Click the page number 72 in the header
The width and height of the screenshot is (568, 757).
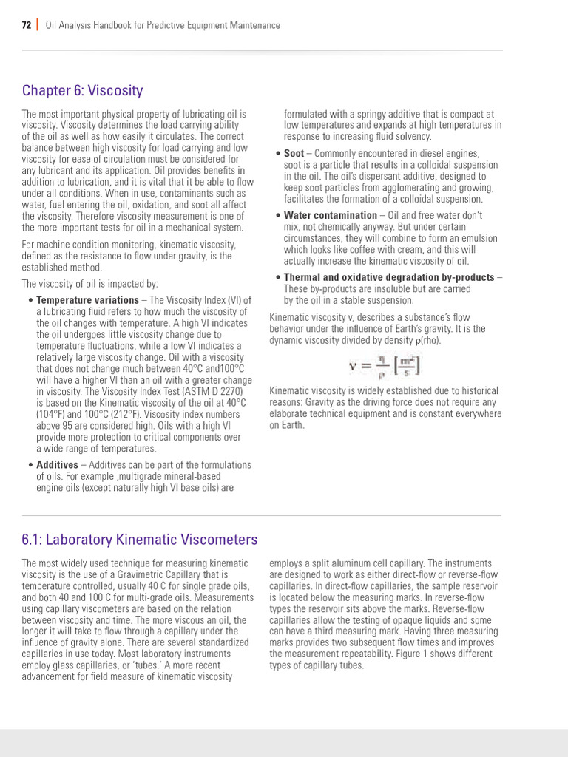27,25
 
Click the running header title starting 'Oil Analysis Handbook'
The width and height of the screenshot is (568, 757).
163,25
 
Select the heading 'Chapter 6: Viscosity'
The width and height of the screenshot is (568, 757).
82,91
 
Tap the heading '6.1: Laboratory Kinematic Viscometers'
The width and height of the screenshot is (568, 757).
140,540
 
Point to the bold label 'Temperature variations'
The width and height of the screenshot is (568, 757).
87,300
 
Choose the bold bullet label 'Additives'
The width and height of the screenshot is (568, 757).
57,465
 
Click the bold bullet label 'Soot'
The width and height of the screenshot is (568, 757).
294,154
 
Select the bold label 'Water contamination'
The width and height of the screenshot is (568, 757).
330,215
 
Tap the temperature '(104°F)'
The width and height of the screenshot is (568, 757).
55,414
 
